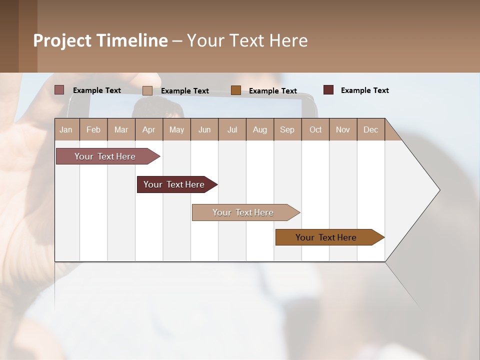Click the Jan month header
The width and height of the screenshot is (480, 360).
pyautogui.click(x=66, y=129)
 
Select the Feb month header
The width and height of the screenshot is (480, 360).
pyautogui.click(x=93, y=129)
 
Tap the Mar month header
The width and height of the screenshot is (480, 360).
pyautogui.click(x=121, y=129)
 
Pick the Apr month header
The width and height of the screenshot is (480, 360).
pyautogui.click(x=149, y=129)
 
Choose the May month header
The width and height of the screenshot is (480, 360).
pyautogui.click(x=176, y=129)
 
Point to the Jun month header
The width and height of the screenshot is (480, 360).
pyautogui.click(x=204, y=129)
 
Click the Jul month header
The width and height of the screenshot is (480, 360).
pyautogui.click(x=232, y=129)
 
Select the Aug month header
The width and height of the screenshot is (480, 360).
pyautogui.click(x=260, y=129)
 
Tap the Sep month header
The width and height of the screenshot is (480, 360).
pyautogui.click(x=287, y=129)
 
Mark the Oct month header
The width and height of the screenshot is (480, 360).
pyautogui.click(x=315, y=129)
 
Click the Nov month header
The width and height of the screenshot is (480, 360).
pyautogui.click(x=343, y=129)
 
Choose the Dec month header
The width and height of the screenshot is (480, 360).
pyautogui.click(x=371, y=129)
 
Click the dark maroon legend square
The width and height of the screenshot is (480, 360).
pyautogui.click(x=328, y=90)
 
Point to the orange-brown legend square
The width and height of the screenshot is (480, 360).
pyautogui.click(x=236, y=90)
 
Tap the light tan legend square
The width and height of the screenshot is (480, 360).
pyautogui.click(x=147, y=90)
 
